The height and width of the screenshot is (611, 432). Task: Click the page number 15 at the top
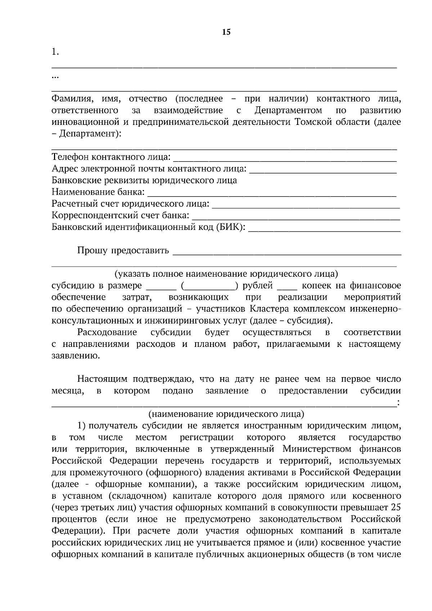pos(226,32)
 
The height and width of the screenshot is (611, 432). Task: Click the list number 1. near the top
pos(55,52)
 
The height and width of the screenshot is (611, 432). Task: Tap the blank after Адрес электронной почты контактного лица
pos(323,170)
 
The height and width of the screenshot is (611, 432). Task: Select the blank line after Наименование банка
pos(272,194)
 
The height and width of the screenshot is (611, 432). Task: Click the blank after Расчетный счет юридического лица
pos(306,205)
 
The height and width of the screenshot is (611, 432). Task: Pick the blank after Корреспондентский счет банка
pos(296,217)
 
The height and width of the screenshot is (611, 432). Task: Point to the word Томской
pos(311,122)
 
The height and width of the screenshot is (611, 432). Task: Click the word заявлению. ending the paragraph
pos(75,356)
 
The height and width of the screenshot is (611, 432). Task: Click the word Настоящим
pos(102,379)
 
